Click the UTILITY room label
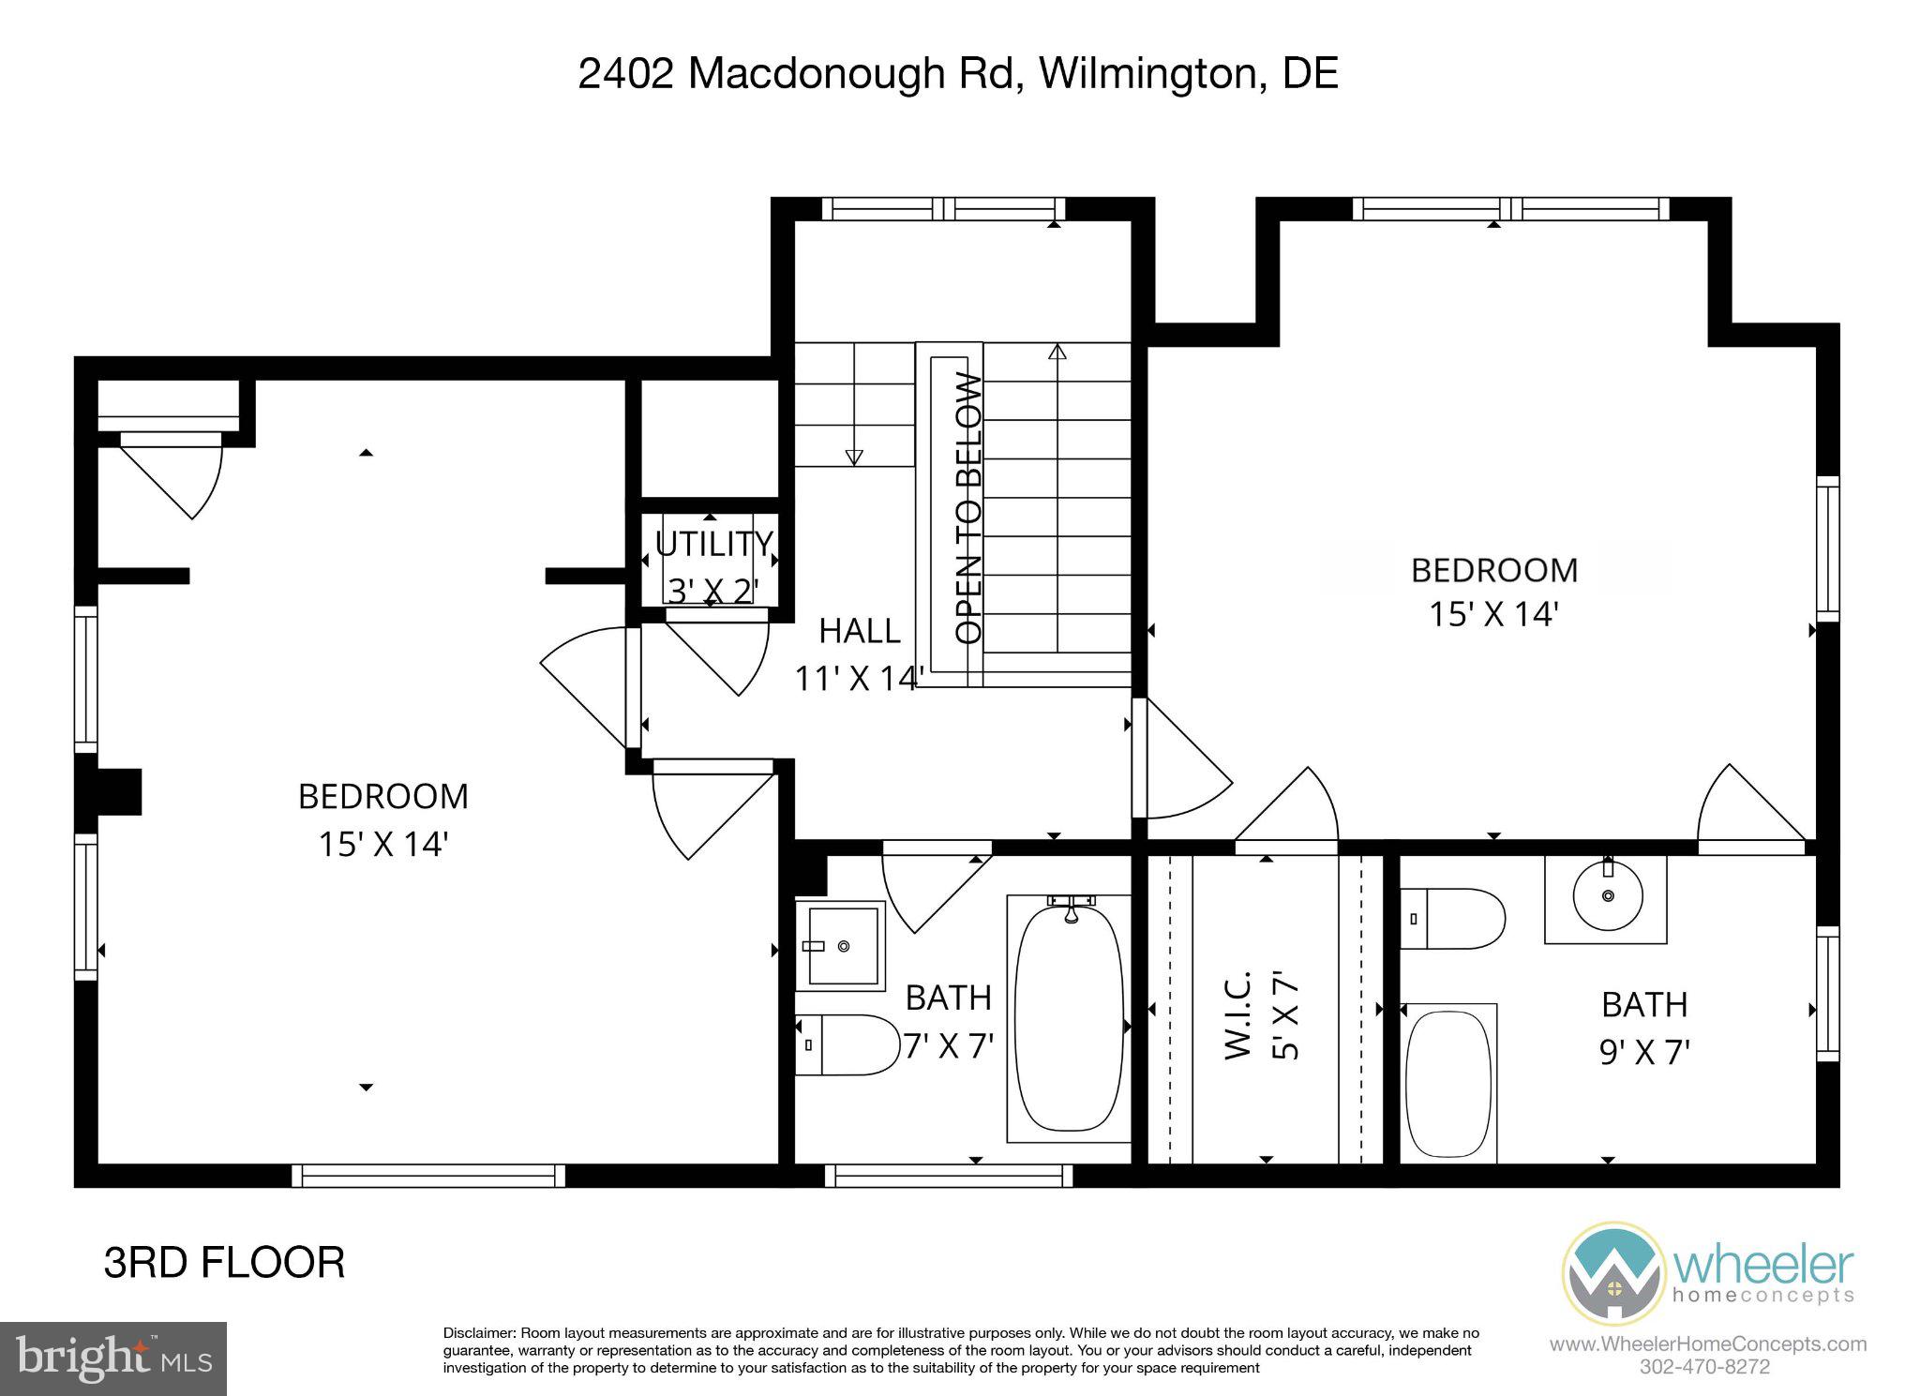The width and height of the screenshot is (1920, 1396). [x=713, y=544]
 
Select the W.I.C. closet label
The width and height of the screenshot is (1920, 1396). [x=1238, y=1016]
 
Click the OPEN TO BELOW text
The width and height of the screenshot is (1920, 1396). [x=968, y=508]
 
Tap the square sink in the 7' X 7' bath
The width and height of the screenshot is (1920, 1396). [x=840, y=946]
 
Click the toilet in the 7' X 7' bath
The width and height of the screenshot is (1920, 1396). [x=846, y=1043]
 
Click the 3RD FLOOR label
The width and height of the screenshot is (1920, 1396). [x=224, y=1263]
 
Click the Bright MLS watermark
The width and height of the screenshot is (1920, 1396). [x=113, y=1358]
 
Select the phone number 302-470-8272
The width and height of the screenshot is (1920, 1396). [x=1704, y=1367]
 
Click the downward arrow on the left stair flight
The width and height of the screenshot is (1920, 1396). [x=853, y=457]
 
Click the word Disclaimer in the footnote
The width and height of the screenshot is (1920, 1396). [x=479, y=1333]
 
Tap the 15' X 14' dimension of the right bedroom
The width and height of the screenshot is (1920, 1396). [x=1493, y=614]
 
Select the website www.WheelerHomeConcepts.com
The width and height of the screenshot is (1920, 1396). [x=1707, y=1344]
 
